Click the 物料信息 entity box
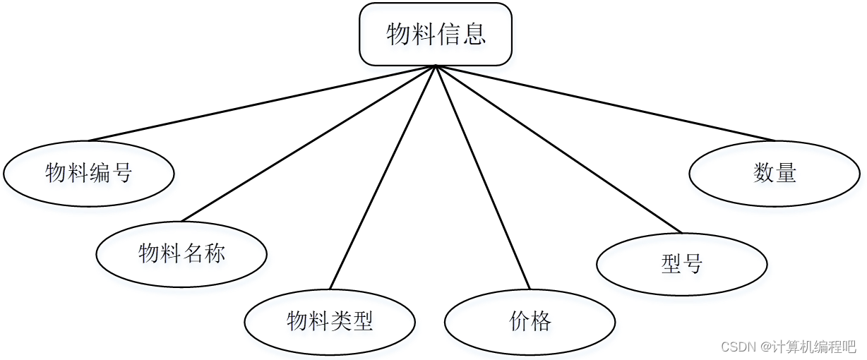436,34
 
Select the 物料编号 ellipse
89,173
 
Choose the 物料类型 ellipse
330,322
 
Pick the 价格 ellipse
530,322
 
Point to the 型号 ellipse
681,264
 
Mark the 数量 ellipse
775,173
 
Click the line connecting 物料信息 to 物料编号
261,103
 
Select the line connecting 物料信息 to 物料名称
309,143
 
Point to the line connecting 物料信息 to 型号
558,149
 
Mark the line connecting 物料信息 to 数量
605,103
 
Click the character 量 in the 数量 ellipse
786,173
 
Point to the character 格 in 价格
541,322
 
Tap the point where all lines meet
436,66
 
